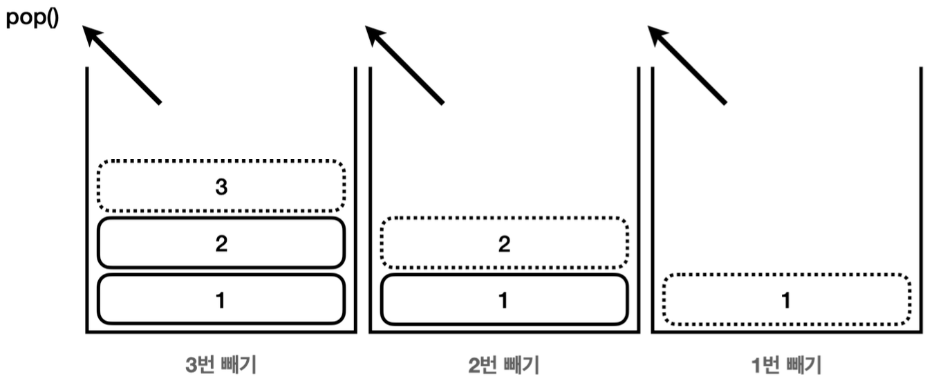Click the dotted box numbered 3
pos(221,185)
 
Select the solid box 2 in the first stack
pos(221,243)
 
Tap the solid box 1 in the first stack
pos(221,299)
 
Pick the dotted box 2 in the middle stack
pos(504,243)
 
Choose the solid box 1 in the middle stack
pos(504,299)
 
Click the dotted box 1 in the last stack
pos(786,299)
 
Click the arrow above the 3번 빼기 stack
pos(122,65)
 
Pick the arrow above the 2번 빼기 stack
pos(404,65)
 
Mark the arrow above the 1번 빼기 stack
pos(687,65)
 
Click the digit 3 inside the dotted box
pos(221,186)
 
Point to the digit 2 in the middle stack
pos(504,243)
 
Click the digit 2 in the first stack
pos(221,243)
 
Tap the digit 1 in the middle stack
pos(504,300)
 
